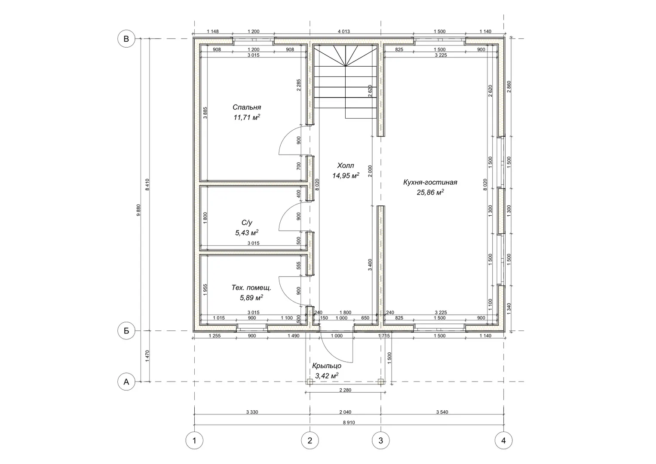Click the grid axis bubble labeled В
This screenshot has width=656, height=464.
[x=126, y=39]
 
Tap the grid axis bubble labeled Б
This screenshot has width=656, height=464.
[x=126, y=331]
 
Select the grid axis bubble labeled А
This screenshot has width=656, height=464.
[x=126, y=382]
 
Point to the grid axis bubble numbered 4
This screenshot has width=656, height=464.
[x=503, y=440]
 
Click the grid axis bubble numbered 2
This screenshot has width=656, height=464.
[x=310, y=440]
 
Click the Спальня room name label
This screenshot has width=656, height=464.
[x=247, y=107]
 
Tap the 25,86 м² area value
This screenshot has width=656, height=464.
[x=430, y=192]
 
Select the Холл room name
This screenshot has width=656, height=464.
[x=346, y=166]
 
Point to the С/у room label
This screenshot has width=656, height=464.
[x=247, y=223]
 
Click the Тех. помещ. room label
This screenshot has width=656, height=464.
[x=251, y=288]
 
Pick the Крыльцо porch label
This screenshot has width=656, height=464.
[x=327, y=366]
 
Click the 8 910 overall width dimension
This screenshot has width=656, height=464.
[x=349, y=422]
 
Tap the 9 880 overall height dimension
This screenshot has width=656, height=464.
[x=138, y=210]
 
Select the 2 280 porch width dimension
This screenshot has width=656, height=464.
[x=345, y=390]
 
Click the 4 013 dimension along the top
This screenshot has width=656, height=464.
[x=344, y=32]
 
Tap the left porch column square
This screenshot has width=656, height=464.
[x=310, y=382]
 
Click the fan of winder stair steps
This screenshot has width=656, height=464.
[x=346, y=55]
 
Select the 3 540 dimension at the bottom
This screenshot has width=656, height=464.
[x=442, y=412]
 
